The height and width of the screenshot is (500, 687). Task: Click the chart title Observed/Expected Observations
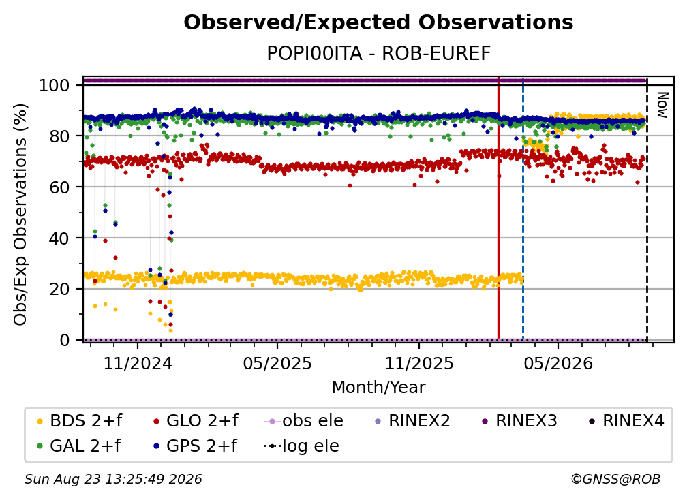tap(378, 22)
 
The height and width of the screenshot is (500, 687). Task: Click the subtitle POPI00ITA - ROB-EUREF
tap(378, 53)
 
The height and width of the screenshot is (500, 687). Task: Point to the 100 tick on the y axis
tap(55, 85)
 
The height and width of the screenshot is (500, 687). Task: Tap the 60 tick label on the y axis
tap(59, 187)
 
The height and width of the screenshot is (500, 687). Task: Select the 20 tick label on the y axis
tap(59, 289)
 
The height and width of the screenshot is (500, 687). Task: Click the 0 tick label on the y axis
tap(65, 340)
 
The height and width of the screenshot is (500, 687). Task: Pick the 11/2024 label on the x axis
tap(138, 363)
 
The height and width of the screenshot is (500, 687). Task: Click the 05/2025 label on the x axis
tap(277, 363)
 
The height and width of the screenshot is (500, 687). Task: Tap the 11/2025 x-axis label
tap(419, 363)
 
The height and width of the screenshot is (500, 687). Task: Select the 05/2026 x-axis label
tap(558, 363)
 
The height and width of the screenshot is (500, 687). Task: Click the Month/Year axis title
tap(378, 387)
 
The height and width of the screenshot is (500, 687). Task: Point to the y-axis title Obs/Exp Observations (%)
tap(20, 214)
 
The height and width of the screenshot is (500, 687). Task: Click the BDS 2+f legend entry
tap(79, 421)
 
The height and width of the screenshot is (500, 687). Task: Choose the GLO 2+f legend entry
tap(196, 421)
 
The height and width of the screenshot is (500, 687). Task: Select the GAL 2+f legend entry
tap(78, 446)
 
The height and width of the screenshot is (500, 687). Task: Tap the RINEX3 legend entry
tap(519, 421)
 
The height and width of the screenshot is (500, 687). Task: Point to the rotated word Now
tap(662, 105)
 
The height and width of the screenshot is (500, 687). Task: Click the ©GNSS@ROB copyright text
tap(615, 479)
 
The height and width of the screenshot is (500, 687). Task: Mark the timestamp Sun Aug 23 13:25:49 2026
tap(113, 479)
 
